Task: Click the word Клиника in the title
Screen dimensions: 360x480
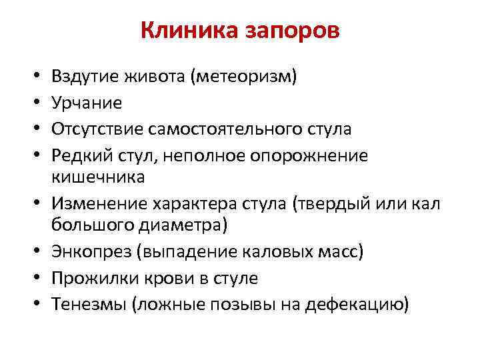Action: point(181,31)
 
